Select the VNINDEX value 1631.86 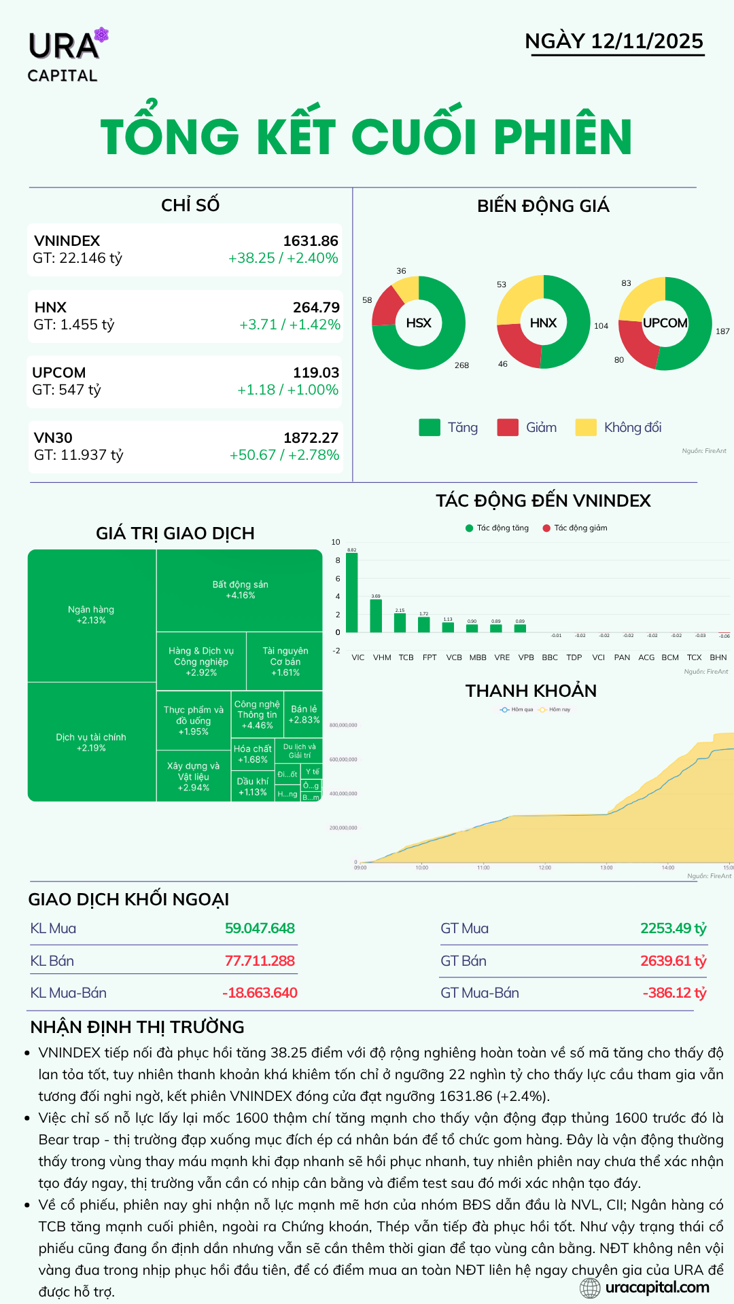coord(311,241)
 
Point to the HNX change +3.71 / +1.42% coord(290,325)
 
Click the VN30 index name coord(53,438)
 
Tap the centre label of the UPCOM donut coord(665,323)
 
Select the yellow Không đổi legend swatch coord(585,427)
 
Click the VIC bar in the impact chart coord(351,592)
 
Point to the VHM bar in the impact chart coord(376,615)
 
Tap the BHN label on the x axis coord(718,657)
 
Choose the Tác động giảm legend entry coord(575,528)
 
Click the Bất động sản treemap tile coord(240,590)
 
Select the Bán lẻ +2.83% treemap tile coord(304,714)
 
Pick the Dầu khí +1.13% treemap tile coord(252,786)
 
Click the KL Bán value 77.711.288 coord(260,961)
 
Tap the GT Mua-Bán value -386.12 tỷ coord(674,993)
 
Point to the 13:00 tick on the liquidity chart coord(606,867)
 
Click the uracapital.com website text coord(657,1287)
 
